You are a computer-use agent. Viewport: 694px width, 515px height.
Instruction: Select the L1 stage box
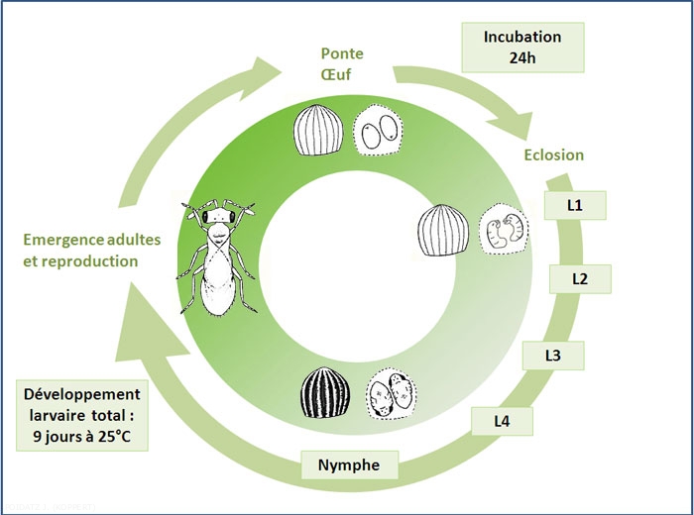point(575,206)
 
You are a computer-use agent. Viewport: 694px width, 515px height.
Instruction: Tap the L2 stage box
point(581,279)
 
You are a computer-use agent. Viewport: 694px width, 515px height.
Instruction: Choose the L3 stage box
point(552,355)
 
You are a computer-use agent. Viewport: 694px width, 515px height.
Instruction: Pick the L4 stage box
point(504,421)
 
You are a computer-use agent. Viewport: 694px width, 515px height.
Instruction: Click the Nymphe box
point(350,463)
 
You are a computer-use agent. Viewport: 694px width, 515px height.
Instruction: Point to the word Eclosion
point(552,154)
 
